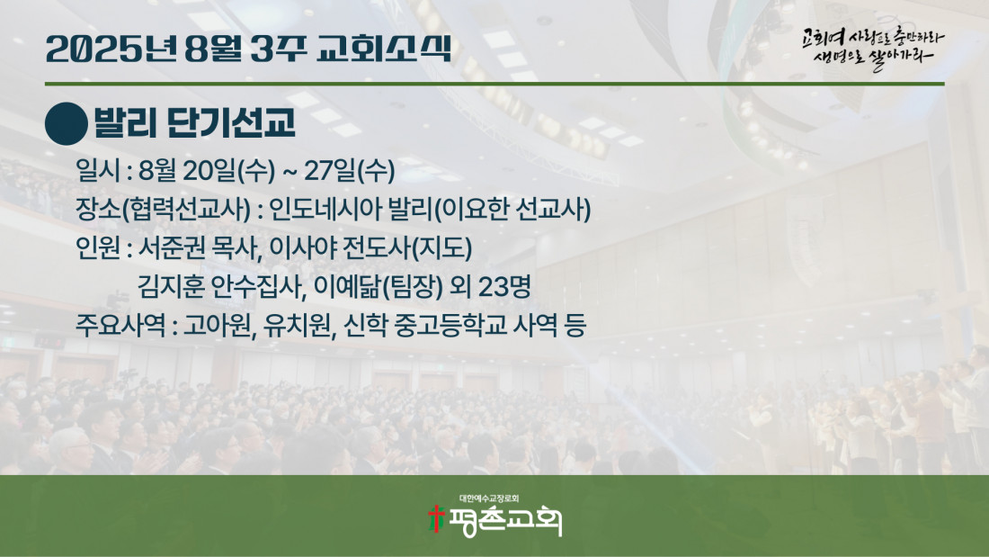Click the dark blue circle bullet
[x=67, y=124]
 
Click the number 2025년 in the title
[x=111, y=49]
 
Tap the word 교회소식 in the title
[x=384, y=49]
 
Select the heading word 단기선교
[x=231, y=122]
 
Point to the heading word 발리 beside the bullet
[x=125, y=122]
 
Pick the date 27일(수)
[x=350, y=170]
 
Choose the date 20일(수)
[x=229, y=170]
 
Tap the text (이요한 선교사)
[x=512, y=210]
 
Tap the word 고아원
[x=217, y=325]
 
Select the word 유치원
[x=297, y=325]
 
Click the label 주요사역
[x=120, y=325]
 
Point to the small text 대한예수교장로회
[x=489, y=499]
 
